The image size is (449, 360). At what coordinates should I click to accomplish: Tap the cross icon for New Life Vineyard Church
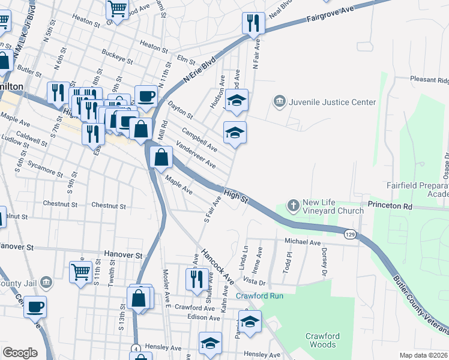pyautogui.click(x=294, y=205)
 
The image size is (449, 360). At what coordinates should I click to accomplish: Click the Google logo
pyautogui.click(x=20, y=353)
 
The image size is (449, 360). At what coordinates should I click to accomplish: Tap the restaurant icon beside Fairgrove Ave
pyautogui.click(x=253, y=23)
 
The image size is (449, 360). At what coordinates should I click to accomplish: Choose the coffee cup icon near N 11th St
pyautogui.click(x=146, y=95)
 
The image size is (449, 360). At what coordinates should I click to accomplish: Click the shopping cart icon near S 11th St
pyautogui.click(x=80, y=271)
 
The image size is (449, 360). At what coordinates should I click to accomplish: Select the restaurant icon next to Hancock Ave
pyautogui.click(x=197, y=279)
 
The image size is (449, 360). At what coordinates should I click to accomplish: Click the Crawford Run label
pyautogui.click(x=259, y=296)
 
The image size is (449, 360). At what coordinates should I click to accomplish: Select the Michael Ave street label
pyautogui.click(x=303, y=241)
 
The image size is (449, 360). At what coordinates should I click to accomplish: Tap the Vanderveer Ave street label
pyautogui.click(x=195, y=155)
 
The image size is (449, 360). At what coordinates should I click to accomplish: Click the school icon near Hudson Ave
pyautogui.click(x=237, y=101)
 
